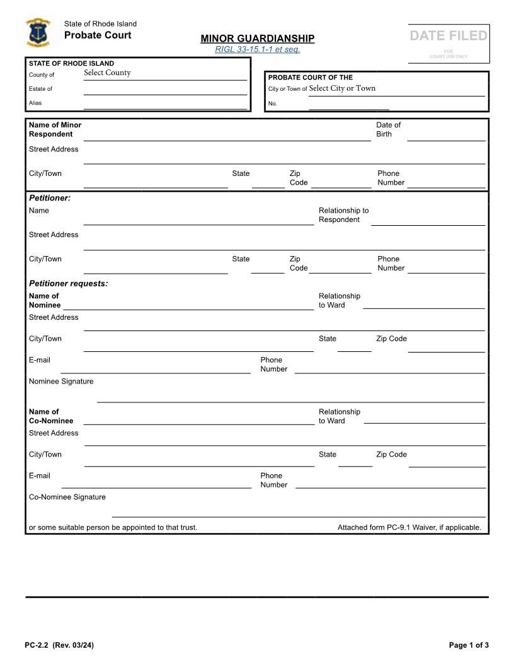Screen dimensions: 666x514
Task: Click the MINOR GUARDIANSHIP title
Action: click(258, 38)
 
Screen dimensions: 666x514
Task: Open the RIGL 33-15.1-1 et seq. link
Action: click(258, 49)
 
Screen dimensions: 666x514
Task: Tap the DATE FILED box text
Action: click(448, 36)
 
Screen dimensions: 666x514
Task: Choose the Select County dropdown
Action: click(108, 73)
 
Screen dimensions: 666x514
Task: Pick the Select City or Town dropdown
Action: click(342, 88)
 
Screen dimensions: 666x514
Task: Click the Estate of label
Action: click(40, 89)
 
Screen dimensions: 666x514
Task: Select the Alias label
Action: click(35, 103)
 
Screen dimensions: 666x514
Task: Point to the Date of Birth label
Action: click(388, 129)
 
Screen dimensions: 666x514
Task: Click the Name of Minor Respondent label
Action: click(55, 129)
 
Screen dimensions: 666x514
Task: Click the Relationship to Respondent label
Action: click(343, 215)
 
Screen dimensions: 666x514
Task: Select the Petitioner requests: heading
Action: click(68, 283)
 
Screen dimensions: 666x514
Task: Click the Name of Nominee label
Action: click(45, 300)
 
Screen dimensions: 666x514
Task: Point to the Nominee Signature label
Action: click(61, 382)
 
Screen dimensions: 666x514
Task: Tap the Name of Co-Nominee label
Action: click(50, 416)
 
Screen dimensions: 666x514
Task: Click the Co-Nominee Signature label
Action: click(67, 497)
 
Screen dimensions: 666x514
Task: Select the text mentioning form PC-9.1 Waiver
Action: click(409, 527)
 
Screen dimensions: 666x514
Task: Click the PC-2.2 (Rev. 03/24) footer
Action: click(59, 645)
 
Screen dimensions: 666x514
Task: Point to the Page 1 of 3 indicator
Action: click(469, 645)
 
